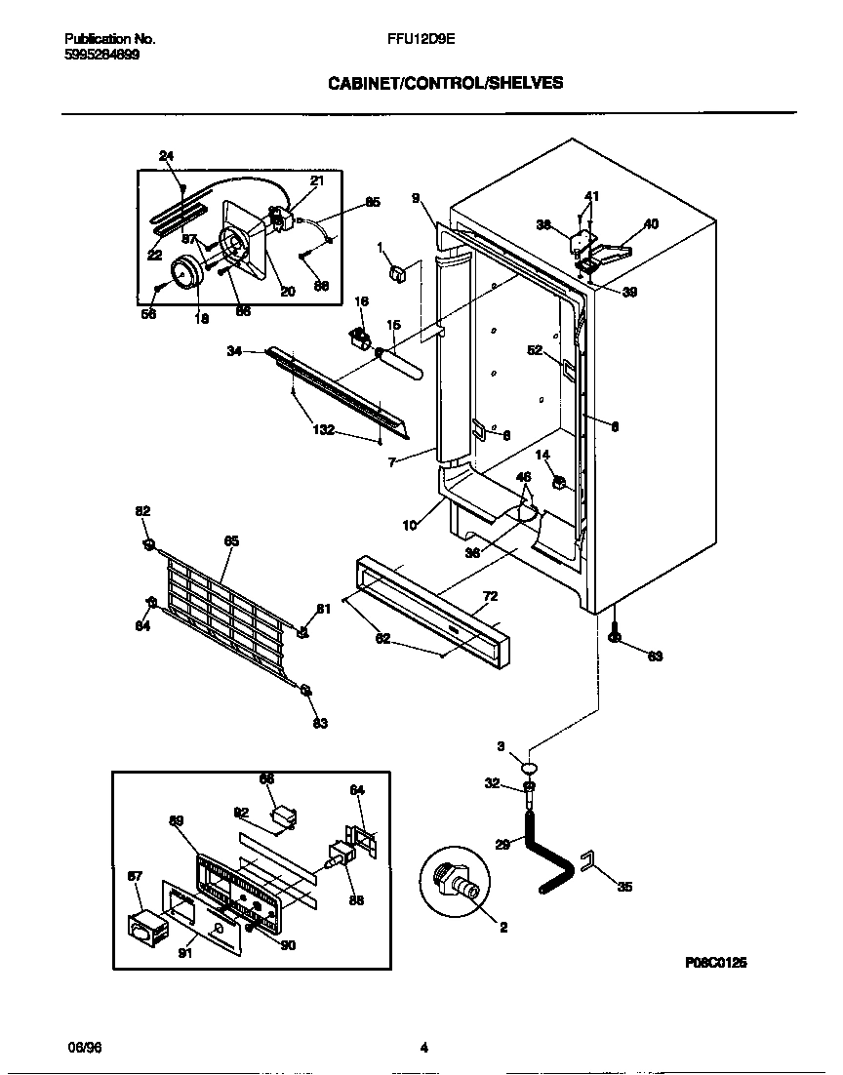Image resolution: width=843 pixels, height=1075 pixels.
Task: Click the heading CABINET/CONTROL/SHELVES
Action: click(444, 84)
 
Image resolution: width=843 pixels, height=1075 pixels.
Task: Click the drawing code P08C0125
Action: click(715, 962)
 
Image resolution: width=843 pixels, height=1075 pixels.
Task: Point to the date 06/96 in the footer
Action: click(85, 1048)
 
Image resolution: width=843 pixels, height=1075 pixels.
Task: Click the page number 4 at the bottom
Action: click(423, 1049)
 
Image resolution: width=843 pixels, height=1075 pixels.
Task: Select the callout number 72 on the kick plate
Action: click(490, 595)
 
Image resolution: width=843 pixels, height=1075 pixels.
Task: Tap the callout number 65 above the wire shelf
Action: click(231, 540)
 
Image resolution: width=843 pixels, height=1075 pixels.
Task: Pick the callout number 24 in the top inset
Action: click(166, 156)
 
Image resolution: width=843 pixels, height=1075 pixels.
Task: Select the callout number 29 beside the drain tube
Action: click(502, 845)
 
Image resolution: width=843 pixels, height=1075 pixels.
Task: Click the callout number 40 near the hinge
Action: click(651, 223)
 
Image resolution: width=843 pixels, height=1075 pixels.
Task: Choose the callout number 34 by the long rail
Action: click(234, 351)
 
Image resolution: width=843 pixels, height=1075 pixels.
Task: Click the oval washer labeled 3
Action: click(530, 766)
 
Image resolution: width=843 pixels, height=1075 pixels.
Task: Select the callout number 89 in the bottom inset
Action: click(177, 820)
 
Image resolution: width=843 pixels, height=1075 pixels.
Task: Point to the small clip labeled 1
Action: click(397, 273)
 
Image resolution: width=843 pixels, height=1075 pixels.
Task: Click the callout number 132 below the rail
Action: click(323, 430)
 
